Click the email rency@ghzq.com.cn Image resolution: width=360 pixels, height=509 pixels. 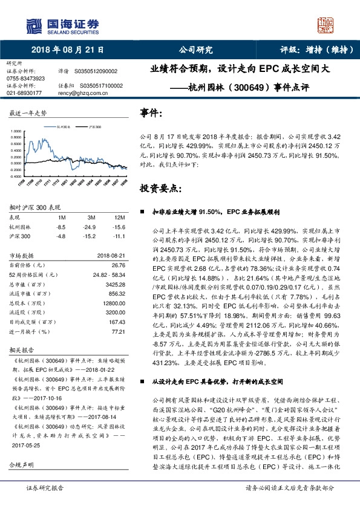[76, 94]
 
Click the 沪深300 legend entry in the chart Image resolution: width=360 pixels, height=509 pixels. [94, 127]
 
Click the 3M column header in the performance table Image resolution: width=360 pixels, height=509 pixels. [91, 217]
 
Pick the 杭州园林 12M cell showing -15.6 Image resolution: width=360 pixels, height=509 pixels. [119, 226]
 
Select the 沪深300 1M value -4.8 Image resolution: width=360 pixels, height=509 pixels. [61, 235]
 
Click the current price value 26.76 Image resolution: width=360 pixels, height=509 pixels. [118, 265]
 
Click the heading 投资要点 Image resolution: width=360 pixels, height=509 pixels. [160, 188]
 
